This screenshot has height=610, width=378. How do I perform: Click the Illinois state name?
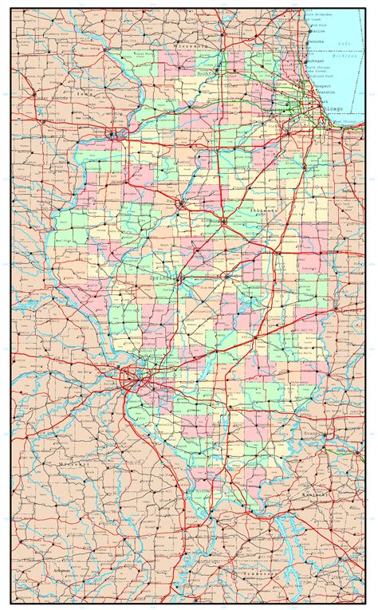264,211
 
